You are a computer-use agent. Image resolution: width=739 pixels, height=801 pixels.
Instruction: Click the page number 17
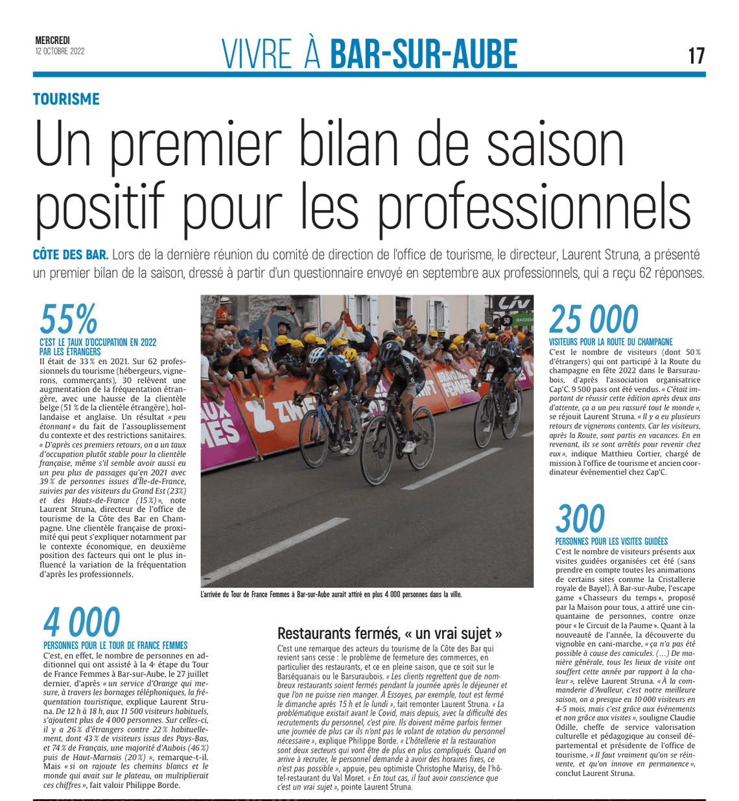click(696, 55)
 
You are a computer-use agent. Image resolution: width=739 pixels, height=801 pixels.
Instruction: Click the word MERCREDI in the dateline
click(53, 40)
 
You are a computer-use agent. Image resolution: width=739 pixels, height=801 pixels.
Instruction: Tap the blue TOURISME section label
click(66, 99)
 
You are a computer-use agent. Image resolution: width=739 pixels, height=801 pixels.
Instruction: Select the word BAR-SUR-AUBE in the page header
click(423, 54)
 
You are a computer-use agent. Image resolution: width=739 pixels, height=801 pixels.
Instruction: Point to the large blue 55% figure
click(68, 319)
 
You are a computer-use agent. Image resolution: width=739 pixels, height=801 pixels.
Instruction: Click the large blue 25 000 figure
click(593, 319)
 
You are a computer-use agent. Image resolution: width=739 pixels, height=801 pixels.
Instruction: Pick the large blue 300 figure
click(580, 518)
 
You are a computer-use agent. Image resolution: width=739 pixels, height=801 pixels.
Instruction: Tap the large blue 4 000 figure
click(81, 622)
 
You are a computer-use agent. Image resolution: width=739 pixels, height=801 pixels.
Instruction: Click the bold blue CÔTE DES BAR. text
click(71, 255)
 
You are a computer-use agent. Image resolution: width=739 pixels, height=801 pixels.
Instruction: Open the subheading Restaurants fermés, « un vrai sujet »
click(390, 633)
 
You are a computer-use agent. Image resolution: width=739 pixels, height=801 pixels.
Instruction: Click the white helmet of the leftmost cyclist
click(317, 354)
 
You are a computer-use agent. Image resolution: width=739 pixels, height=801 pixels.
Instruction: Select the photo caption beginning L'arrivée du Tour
click(331, 594)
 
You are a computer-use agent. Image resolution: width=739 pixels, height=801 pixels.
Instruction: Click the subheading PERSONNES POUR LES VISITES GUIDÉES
click(611, 541)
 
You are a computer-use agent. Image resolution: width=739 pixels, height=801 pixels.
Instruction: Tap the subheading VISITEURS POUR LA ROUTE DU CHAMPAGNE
click(611, 342)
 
